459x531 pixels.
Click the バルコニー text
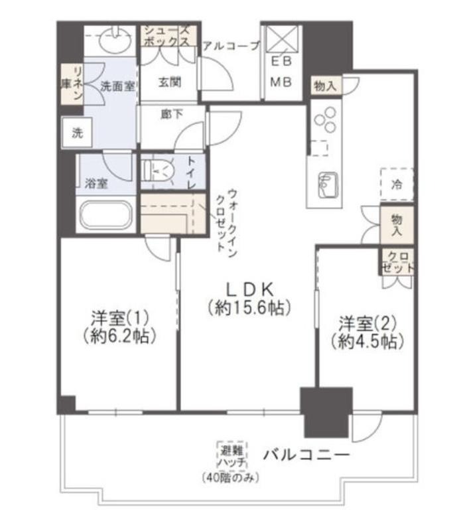(306, 455)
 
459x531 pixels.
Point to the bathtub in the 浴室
(105, 214)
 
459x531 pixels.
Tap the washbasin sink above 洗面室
(115, 40)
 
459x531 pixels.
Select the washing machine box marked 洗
(77, 132)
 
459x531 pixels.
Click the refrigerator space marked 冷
(397, 185)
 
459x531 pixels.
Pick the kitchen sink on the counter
(327, 186)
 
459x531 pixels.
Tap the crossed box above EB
(282, 38)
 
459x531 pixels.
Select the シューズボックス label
(168, 36)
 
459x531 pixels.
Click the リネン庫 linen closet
(72, 84)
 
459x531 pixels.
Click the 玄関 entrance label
(170, 82)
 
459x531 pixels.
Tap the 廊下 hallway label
(172, 114)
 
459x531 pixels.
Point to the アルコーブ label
(231, 46)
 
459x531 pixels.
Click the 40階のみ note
(230, 478)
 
